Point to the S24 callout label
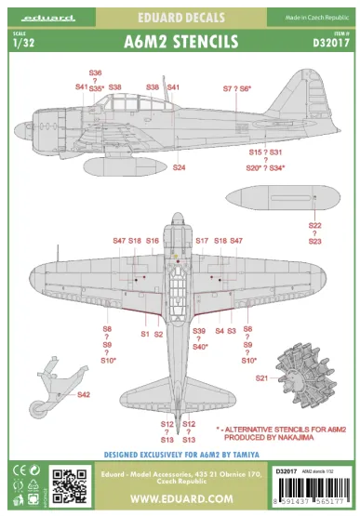click(179, 167)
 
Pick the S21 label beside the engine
click(261, 378)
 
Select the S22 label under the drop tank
click(314, 225)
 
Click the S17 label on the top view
click(202, 240)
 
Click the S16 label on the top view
click(152, 241)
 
